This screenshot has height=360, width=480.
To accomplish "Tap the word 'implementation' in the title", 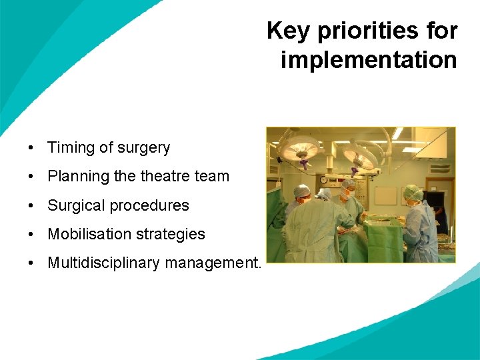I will [x=369, y=60].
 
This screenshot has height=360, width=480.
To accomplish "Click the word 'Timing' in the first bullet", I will [x=69, y=148].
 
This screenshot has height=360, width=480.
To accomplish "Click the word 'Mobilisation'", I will [x=88, y=234].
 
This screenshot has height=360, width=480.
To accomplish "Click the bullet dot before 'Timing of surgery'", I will [x=31, y=148].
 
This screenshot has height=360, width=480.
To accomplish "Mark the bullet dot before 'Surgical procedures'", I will [x=31, y=206].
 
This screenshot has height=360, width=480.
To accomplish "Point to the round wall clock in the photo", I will [x=323, y=179].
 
